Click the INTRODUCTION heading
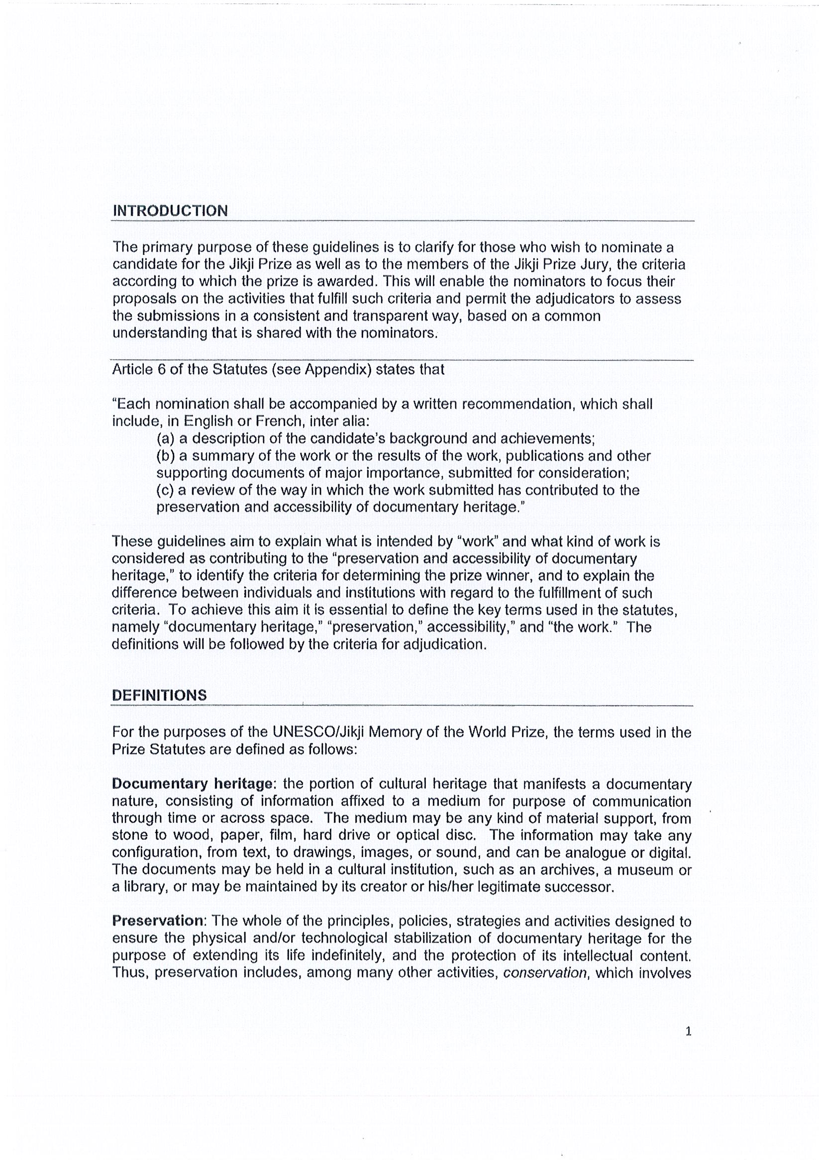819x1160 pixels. coord(170,211)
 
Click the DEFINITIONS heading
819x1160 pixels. coord(159,695)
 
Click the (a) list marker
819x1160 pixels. coord(166,438)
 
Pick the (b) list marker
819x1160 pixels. coord(166,456)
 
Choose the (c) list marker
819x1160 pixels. coord(166,490)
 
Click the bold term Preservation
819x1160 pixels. coord(157,921)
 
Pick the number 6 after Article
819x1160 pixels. coord(162,369)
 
